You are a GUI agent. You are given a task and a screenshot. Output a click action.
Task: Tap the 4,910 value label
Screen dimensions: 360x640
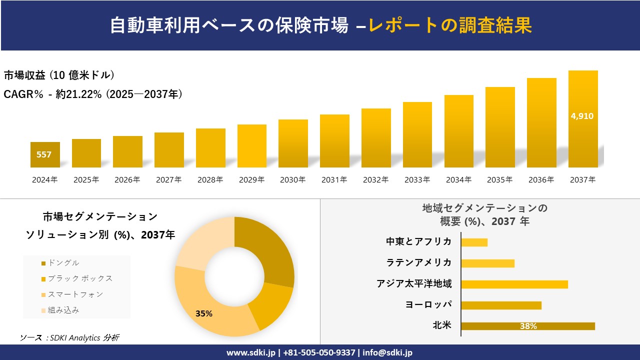pos(582,116)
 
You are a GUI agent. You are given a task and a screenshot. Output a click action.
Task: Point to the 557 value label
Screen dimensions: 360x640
pos(44,154)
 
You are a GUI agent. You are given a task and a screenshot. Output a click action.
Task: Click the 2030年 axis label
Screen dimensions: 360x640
pos(292,180)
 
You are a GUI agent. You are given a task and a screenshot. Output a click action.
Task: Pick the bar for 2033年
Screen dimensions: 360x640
pos(417,134)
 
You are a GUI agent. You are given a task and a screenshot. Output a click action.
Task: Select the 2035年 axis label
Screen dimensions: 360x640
pos(499,180)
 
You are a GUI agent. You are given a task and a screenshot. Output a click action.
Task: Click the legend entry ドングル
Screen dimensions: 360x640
pos(63,263)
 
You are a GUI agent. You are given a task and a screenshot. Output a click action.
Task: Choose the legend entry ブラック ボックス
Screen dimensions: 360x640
pos(80,278)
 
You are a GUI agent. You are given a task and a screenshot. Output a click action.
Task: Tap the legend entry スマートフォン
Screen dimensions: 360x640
pos(75,294)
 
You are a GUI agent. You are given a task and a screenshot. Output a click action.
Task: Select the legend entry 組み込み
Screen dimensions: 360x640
pos(63,310)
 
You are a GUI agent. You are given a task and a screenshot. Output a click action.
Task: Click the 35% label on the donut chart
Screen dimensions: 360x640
pos(204,314)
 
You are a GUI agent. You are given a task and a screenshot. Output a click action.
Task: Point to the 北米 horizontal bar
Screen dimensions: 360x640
pos(527,326)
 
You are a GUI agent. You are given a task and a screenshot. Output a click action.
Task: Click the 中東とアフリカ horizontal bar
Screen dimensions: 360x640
pos(474,242)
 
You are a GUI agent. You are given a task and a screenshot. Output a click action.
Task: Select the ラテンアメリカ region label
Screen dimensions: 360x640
pos(419,262)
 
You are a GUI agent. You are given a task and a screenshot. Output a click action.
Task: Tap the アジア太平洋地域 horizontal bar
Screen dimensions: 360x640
pos(514,284)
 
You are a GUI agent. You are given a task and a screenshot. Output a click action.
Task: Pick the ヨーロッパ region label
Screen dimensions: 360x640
pos(428,304)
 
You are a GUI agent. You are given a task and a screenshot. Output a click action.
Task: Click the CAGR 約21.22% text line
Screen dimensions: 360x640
pos(93,94)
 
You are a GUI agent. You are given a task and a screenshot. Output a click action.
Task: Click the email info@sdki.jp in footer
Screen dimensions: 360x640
pos(387,352)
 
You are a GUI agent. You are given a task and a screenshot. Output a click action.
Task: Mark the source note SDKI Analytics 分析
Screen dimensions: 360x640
pos(70,338)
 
